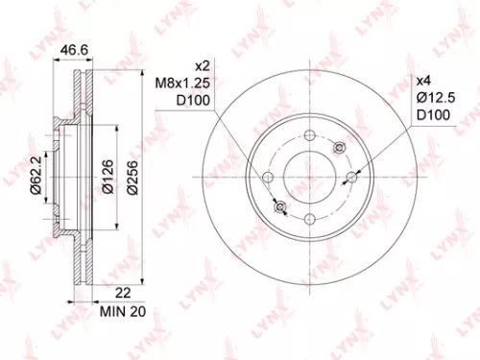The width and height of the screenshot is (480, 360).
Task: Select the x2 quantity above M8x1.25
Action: click(x=203, y=66)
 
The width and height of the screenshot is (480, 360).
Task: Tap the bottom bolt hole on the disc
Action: click(x=310, y=220)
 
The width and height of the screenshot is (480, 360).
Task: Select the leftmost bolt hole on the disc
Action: click(x=269, y=178)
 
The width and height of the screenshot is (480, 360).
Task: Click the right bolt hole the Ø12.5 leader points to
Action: click(x=351, y=178)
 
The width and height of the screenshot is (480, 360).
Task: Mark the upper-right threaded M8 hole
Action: click(x=340, y=148)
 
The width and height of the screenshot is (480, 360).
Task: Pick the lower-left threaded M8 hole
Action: click(x=280, y=207)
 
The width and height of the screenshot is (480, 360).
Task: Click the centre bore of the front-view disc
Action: click(x=310, y=178)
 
